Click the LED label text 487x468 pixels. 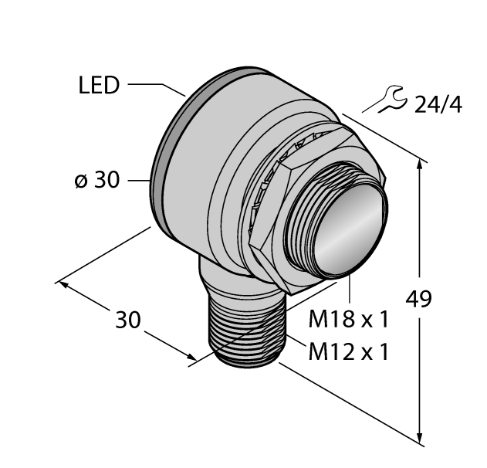coord(99,85)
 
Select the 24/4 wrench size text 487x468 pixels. coord(438,104)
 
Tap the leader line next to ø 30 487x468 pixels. coord(137,181)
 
